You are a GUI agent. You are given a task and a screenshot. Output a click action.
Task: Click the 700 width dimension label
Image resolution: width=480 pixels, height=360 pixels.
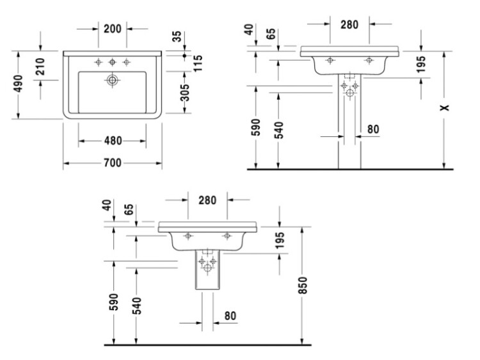click(x=113, y=163)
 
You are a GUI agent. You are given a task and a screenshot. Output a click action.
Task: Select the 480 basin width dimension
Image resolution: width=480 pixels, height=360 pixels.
click(x=113, y=141)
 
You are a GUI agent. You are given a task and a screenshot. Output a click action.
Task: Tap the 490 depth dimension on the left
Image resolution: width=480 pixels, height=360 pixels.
click(x=19, y=84)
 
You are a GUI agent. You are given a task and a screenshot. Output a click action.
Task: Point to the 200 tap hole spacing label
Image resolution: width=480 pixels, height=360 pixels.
click(x=113, y=29)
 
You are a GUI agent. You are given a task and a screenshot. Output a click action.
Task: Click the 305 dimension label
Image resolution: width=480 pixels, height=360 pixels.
click(x=185, y=92)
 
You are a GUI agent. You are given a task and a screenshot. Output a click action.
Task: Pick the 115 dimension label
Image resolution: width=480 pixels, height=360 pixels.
click(x=198, y=63)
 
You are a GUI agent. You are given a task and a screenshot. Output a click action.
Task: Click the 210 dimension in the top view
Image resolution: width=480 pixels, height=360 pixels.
click(x=40, y=67)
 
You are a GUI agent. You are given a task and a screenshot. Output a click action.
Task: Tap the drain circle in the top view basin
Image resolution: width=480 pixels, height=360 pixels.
click(x=113, y=80)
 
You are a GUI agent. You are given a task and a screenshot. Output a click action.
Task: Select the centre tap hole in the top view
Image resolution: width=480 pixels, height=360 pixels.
click(x=113, y=62)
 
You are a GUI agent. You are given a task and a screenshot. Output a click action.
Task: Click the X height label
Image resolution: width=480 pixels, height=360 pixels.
click(x=445, y=107)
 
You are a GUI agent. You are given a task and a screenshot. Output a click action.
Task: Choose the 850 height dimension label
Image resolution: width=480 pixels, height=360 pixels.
click(x=303, y=285)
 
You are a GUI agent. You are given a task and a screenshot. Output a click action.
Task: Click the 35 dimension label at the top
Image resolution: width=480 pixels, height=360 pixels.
click(x=177, y=36)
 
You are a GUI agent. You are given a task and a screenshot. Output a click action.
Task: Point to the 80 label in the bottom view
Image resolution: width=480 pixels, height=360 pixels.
click(x=230, y=316)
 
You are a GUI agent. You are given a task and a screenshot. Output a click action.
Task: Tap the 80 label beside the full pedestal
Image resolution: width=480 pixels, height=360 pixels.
click(x=373, y=129)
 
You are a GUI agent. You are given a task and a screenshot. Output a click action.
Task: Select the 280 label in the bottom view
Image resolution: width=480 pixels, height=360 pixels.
click(x=207, y=200)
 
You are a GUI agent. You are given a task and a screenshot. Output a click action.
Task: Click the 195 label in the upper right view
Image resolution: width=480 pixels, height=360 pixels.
click(x=421, y=64)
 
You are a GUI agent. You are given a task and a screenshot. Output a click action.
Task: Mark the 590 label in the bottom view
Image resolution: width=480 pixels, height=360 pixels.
click(x=113, y=302)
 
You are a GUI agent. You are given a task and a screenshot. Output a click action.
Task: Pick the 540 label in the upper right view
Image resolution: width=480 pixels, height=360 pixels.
click(x=279, y=130)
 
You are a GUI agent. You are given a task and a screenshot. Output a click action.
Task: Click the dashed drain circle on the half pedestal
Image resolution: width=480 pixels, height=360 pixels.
click(x=207, y=269)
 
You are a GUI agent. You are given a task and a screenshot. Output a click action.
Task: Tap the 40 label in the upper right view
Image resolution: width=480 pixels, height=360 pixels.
click(x=250, y=29)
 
